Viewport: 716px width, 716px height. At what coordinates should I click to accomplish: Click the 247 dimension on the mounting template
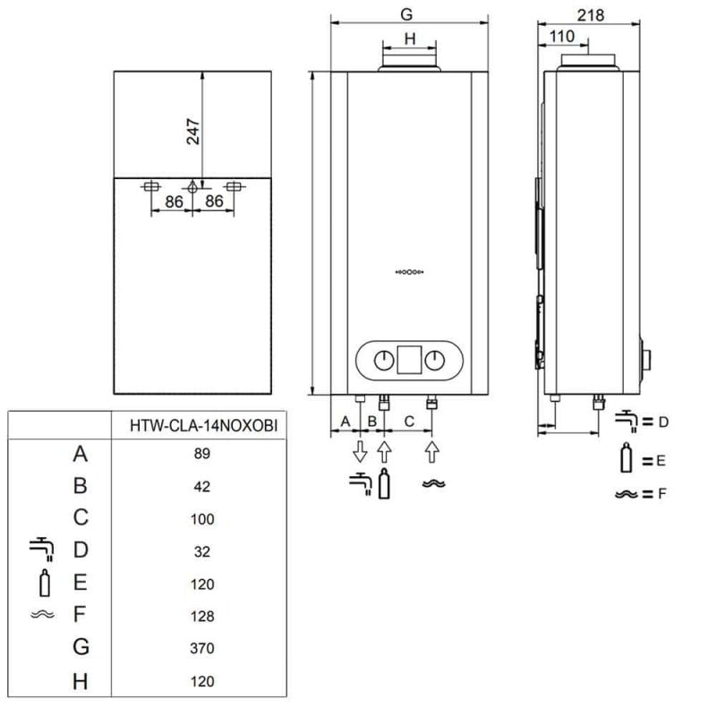pyautogui.click(x=191, y=132)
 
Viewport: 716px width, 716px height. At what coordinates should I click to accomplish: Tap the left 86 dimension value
pyautogui.click(x=174, y=202)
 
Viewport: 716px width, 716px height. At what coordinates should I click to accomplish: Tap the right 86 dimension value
pyautogui.click(x=214, y=202)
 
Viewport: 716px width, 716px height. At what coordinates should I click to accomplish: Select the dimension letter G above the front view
pyautogui.click(x=407, y=14)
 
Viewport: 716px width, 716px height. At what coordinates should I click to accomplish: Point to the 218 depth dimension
pyautogui.click(x=591, y=14)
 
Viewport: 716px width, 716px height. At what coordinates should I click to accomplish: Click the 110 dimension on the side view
pyautogui.click(x=561, y=36)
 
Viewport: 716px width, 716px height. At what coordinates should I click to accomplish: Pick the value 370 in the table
pyautogui.click(x=202, y=648)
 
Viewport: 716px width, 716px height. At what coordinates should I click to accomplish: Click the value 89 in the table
pyautogui.click(x=202, y=454)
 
